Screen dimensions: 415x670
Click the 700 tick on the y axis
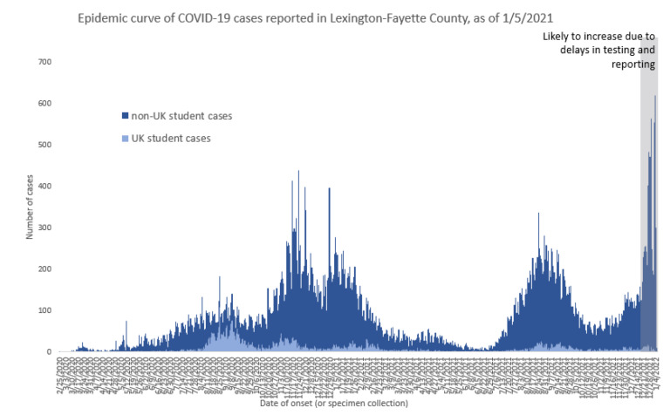44,62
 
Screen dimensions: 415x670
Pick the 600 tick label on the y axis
44,104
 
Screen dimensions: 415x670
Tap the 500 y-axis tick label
44,145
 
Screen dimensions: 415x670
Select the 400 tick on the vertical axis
44,187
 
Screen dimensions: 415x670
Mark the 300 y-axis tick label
44,228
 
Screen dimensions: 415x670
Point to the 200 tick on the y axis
44,269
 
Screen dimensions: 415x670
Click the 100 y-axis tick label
44,310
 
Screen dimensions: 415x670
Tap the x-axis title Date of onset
333,403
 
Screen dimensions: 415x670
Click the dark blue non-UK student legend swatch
125,115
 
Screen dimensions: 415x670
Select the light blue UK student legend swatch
125,138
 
